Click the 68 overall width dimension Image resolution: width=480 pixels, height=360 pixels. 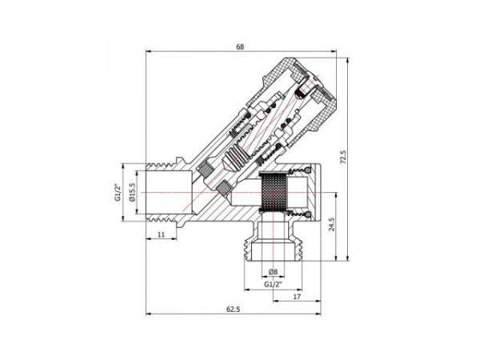click(x=240, y=47)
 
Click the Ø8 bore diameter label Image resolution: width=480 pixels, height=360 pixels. click(x=273, y=270)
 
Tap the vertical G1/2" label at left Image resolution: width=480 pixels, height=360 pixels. click(x=117, y=194)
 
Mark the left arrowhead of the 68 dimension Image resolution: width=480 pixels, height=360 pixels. click(x=147, y=53)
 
